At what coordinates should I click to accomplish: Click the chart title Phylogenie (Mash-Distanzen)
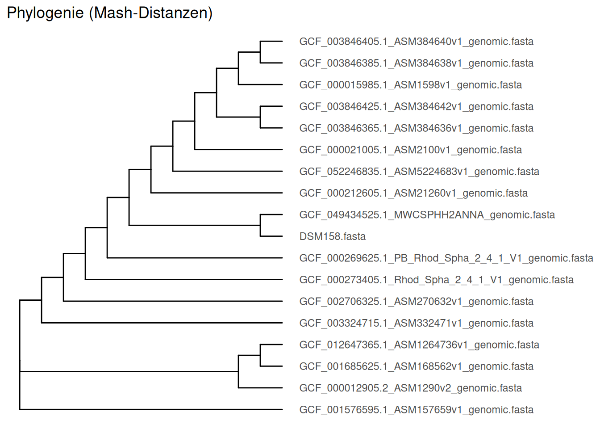click(x=110, y=13)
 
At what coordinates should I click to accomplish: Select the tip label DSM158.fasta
click(x=332, y=236)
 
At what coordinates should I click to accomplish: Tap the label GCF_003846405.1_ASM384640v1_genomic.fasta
click(x=416, y=42)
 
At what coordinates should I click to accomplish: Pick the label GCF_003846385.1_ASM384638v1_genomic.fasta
click(x=416, y=63)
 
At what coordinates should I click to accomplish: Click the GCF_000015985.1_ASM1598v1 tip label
click(x=410, y=85)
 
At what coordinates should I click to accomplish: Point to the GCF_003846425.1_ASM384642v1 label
click(x=416, y=106)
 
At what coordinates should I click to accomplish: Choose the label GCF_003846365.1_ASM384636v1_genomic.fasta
click(x=416, y=128)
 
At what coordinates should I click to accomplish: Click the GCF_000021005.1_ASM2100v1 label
click(x=410, y=150)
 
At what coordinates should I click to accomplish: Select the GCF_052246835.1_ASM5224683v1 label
click(x=419, y=172)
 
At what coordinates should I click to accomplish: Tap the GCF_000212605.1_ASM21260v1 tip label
click(x=413, y=193)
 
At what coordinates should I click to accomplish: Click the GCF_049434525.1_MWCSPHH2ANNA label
click(x=427, y=215)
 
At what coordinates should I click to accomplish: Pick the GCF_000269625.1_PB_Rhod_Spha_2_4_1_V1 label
click(x=446, y=258)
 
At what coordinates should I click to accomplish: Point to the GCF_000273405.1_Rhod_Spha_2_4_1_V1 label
click(x=436, y=280)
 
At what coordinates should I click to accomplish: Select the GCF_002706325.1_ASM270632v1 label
click(x=416, y=302)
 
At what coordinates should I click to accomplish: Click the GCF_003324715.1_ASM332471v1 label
click(x=416, y=323)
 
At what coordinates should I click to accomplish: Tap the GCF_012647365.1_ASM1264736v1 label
click(x=419, y=345)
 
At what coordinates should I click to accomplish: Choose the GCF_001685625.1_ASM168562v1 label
click(x=416, y=366)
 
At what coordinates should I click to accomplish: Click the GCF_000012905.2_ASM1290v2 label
click(x=410, y=388)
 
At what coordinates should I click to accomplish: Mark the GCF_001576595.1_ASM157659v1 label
click(x=416, y=410)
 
